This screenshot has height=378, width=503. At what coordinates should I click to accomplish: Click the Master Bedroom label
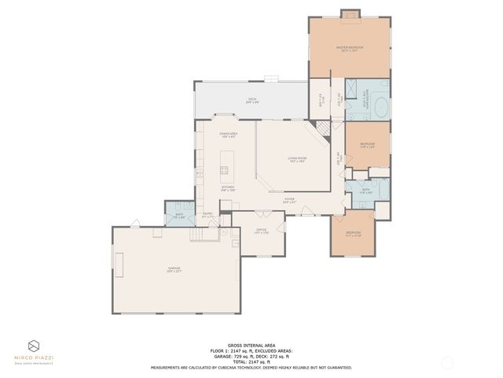(349, 48)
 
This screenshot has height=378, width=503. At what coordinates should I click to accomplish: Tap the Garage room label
(174, 270)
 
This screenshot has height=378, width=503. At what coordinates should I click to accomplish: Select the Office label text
(261, 232)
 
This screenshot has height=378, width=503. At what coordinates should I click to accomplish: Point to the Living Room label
(296, 160)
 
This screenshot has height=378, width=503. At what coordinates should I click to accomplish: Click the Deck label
(251, 100)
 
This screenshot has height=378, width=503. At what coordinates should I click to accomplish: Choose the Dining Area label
(229, 135)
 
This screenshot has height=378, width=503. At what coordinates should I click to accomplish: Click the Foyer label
(289, 201)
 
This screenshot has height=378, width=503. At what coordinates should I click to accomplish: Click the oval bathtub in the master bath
(379, 107)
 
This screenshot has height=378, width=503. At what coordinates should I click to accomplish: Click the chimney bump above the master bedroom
(349, 13)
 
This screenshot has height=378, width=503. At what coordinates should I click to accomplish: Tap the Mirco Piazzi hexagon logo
(35, 346)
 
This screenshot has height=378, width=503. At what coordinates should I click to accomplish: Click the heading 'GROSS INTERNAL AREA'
(251, 345)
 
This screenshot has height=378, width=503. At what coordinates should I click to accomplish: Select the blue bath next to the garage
(179, 215)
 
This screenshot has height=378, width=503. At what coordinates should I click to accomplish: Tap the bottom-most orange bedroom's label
(353, 233)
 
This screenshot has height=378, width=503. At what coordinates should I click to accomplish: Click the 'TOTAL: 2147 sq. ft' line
(251, 361)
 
